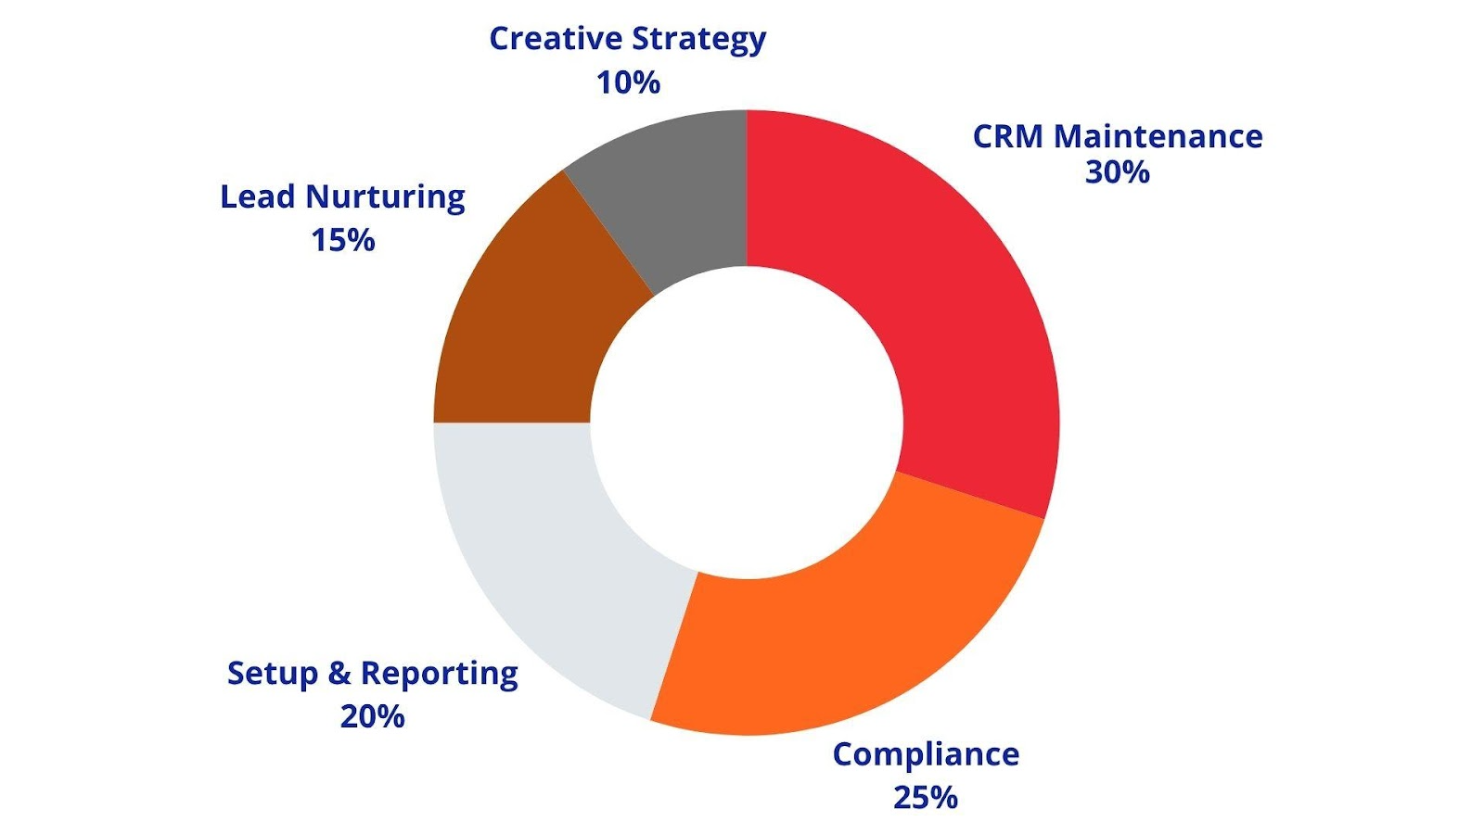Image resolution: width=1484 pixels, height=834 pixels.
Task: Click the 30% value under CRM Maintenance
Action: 1117,172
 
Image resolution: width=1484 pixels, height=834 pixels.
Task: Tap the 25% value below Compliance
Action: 925,797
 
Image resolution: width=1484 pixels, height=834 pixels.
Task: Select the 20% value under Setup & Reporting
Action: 372,716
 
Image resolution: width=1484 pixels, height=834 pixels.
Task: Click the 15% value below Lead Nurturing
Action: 342,241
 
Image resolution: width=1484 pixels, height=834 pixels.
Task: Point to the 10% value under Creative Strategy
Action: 628,82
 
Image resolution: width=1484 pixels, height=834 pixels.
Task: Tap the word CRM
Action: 1008,137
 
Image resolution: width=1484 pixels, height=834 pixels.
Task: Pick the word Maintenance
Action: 1158,137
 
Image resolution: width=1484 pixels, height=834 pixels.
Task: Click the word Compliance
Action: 925,755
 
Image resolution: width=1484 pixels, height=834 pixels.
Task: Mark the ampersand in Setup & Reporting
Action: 339,674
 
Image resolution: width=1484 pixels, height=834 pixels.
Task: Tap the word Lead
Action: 257,196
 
